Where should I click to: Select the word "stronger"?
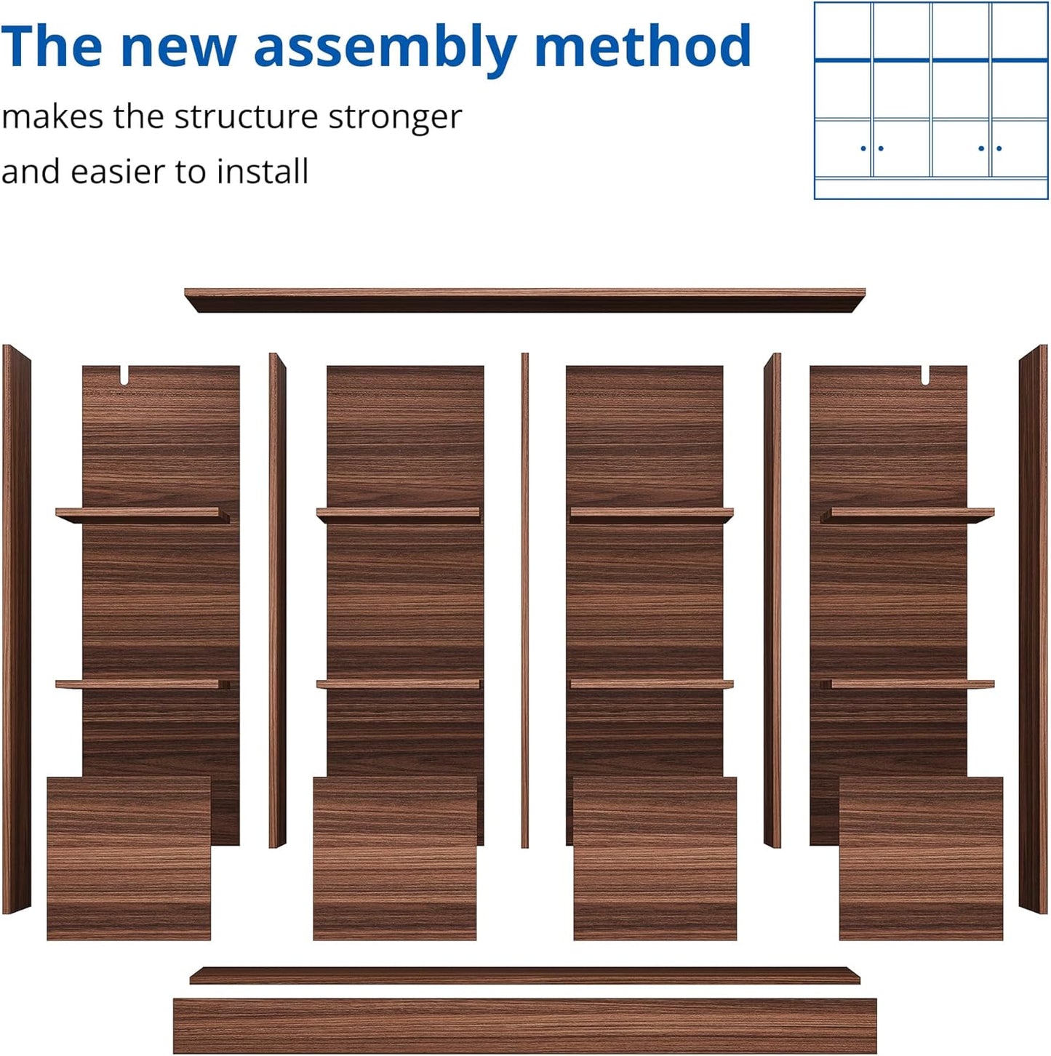[395, 118]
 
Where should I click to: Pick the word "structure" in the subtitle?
[246, 116]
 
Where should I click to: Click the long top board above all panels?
[524, 300]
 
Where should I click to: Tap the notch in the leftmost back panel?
[124, 375]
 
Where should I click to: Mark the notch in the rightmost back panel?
[925, 375]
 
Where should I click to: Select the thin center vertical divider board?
[524, 600]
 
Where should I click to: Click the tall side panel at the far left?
[17, 629]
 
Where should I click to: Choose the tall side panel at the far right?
[1034, 629]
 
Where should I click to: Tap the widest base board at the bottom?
[524, 1025]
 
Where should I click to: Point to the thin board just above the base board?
[524, 976]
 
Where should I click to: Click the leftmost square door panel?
[129, 858]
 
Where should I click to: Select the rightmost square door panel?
[921, 858]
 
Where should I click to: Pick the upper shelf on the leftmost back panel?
[143, 515]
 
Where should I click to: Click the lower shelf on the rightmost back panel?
[908, 684]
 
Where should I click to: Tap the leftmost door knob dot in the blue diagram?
[863, 148]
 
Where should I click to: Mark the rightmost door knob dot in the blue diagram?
[999, 148]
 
